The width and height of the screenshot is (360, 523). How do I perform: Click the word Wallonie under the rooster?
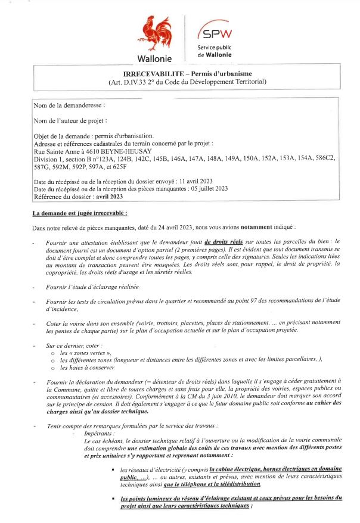pyautogui.click(x=154, y=59)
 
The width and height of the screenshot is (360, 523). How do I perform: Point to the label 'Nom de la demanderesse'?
pyautogui.click(x=69, y=105)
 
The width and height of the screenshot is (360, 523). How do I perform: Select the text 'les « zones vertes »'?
pyautogui.click(x=86, y=354)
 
